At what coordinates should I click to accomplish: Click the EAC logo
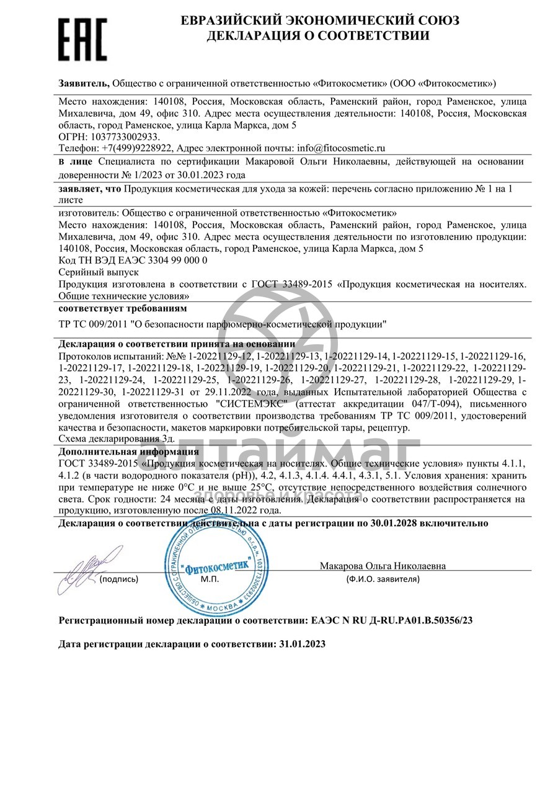pyautogui.click(x=82, y=39)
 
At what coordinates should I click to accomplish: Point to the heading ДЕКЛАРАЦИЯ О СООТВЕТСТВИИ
pyautogui.click(x=319, y=36)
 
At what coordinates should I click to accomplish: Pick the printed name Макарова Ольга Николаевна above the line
pyautogui.click(x=383, y=566)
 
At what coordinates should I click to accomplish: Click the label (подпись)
pyautogui.click(x=119, y=579)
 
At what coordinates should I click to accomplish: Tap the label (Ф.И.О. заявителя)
pyautogui.click(x=383, y=579)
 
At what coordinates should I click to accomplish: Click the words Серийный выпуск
pyautogui.click(x=99, y=272)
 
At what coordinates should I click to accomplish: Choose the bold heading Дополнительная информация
pyautogui.click(x=128, y=452)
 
